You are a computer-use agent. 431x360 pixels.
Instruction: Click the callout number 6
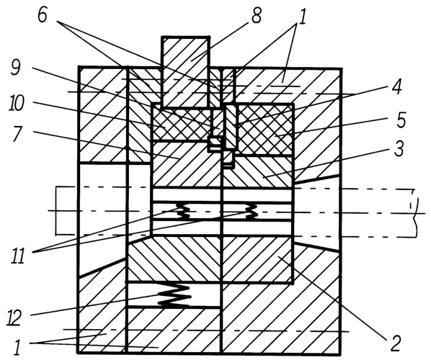(x=43, y=15)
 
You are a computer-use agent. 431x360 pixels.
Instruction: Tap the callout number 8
(x=256, y=16)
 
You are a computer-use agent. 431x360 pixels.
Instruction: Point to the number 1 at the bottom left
(x=18, y=347)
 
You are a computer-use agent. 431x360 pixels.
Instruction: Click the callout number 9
(x=15, y=67)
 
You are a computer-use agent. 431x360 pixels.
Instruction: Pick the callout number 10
(x=17, y=104)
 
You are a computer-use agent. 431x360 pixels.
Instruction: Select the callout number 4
(x=396, y=87)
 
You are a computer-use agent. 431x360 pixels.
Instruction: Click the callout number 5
(x=401, y=120)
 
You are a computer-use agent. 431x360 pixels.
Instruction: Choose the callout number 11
(x=18, y=256)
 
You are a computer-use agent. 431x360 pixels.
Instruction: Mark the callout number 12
(x=14, y=318)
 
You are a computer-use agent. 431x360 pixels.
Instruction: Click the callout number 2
(x=395, y=343)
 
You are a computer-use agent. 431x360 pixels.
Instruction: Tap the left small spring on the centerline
(x=184, y=211)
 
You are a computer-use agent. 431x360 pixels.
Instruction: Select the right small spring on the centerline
(x=252, y=212)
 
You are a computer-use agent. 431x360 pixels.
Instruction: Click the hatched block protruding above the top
(x=185, y=72)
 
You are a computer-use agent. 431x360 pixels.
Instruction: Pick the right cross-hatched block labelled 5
(x=265, y=129)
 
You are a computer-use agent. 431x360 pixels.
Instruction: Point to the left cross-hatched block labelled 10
(x=182, y=124)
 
